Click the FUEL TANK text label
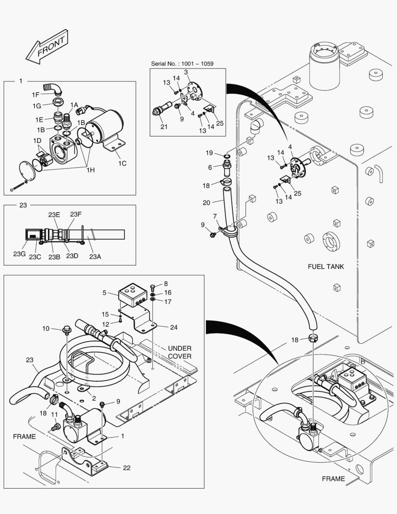326,267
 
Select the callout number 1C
122,163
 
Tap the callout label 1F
36,95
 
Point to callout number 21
164,126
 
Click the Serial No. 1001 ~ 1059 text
183,63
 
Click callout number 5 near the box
104,293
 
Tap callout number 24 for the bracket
174,327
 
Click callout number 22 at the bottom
126,468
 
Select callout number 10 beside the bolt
46,328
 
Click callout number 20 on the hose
206,202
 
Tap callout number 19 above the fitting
209,153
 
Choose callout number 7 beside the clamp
215,216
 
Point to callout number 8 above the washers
166,284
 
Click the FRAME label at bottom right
333,478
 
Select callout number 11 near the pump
54,415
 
